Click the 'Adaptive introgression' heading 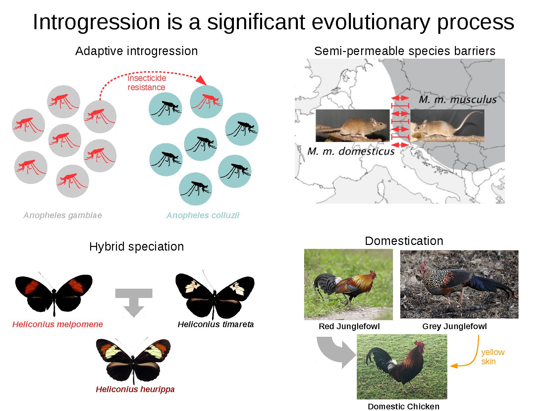coord(136,51)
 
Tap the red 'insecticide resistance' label coord(147,83)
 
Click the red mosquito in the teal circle coord(206,101)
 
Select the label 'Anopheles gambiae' coord(63,215)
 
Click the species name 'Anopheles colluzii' coord(203,215)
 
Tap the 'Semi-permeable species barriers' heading coord(405,51)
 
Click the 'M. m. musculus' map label coord(457,99)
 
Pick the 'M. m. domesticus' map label coord(351,151)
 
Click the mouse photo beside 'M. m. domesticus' coord(353,125)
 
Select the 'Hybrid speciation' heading coord(136,247)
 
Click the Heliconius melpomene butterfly coord(54,294)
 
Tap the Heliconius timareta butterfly coord(215,295)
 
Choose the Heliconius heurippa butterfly coord(133,360)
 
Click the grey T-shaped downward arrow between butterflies coord(134,301)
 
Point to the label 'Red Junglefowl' coord(349,326)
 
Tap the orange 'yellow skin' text coord(493,357)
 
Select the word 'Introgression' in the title coord(96,22)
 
